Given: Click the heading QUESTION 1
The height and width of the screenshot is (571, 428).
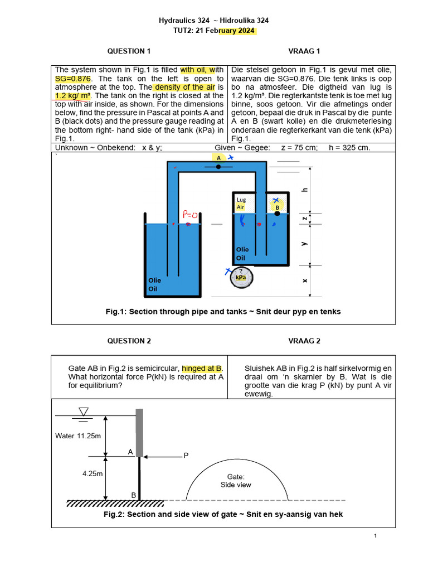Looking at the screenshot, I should [129, 51].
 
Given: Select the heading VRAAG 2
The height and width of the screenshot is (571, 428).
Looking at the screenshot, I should [304, 341].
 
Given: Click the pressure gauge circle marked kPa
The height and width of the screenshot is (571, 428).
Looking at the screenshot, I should [241, 277].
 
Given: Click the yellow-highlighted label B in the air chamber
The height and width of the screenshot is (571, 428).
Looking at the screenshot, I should [276, 207].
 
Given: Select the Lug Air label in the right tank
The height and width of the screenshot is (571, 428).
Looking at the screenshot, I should [241, 203].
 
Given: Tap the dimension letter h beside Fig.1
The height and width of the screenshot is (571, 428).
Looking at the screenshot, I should [304, 190].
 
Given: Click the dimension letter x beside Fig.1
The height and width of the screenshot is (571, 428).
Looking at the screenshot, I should [305, 280].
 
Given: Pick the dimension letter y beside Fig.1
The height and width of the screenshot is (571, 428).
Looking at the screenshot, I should [305, 244].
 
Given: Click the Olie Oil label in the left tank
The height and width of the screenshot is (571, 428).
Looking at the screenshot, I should [154, 284].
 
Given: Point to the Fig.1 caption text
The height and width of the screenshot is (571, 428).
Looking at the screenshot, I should [223, 312].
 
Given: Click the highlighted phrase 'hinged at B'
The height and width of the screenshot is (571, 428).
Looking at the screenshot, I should [202, 369].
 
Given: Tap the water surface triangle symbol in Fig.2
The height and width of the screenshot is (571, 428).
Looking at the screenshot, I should [84, 412].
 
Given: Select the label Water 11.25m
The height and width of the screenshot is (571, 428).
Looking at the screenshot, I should [78, 435].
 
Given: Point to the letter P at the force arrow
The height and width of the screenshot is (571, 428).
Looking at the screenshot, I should [186, 456].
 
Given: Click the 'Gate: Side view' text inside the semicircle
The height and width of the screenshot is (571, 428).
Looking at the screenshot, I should [239, 481].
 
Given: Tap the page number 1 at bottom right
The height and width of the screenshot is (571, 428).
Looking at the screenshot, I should [376, 536].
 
